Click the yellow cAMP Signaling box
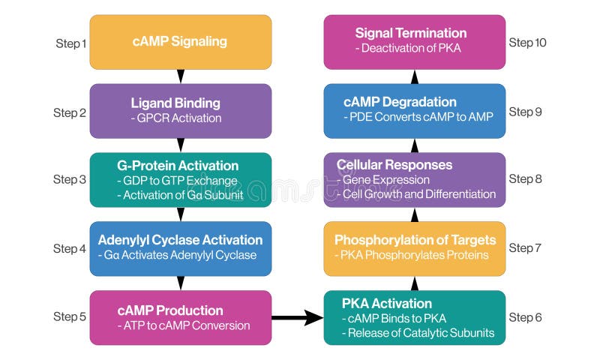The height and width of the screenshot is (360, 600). point(180,42)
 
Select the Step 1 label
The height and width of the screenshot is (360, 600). point(71,43)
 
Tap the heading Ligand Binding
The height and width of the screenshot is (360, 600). point(175,103)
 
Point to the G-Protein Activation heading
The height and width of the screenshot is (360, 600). point(178,166)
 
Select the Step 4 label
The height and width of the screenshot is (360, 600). point(70,248)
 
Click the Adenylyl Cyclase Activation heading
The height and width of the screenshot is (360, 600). point(180,240)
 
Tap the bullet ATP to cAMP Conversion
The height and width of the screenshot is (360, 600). point(184,325)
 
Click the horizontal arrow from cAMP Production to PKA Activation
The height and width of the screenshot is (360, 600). point(296,318)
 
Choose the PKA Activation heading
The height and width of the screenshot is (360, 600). point(387,304)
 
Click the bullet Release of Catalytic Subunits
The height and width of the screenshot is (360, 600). point(418,333)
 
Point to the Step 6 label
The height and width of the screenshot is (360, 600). point(526,317)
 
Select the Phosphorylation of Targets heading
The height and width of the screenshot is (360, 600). point(415,240)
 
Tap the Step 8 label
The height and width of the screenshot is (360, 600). point(526,178)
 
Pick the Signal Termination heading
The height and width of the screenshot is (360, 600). point(410,33)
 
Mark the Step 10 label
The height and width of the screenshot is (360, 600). point(528,42)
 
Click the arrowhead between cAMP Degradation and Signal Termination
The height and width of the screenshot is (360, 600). point(415,77)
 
